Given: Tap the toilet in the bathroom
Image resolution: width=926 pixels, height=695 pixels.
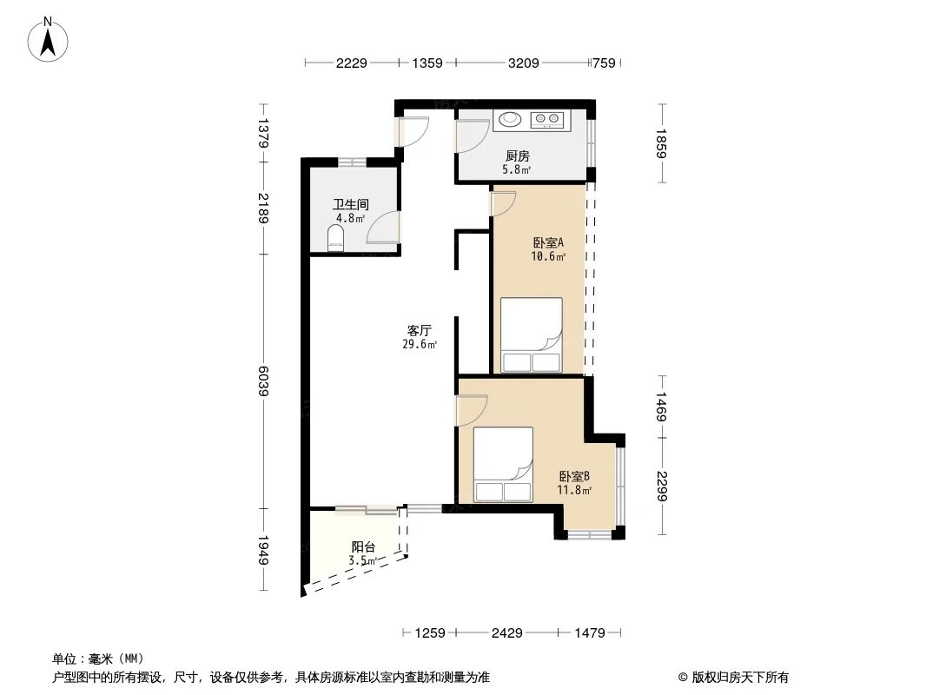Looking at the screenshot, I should [x=335, y=237].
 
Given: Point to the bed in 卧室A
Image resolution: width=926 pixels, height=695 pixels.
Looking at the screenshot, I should [x=532, y=335].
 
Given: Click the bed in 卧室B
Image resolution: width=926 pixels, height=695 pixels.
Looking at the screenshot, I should [x=503, y=464].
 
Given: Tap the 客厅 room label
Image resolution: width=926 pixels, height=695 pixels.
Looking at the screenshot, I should [x=420, y=331].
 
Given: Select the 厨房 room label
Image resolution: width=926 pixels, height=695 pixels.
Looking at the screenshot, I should [x=518, y=156].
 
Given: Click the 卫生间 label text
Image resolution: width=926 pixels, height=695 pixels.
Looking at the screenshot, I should [x=350, y=205].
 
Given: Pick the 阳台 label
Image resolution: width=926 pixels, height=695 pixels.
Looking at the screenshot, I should [x=363, y=546].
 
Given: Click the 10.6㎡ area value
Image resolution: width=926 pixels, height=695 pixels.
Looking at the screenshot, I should [x=548, y=257].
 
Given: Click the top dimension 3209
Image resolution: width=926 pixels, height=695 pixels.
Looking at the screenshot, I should [x=523, y=63].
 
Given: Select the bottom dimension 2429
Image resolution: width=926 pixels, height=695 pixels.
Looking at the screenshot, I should [x=506, y=633].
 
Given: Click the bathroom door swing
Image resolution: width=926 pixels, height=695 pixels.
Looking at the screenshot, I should [x=383, y=228].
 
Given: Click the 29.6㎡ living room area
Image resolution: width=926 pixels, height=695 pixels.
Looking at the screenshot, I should [x=420, y=345].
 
